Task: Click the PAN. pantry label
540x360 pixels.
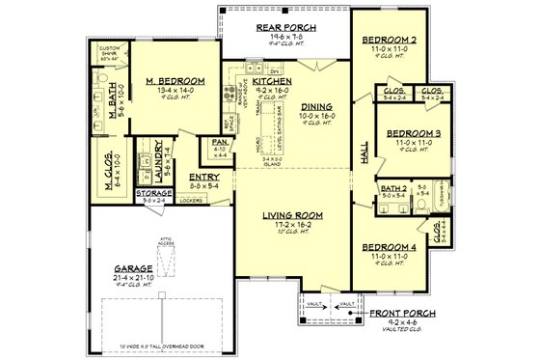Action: point(219,142)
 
